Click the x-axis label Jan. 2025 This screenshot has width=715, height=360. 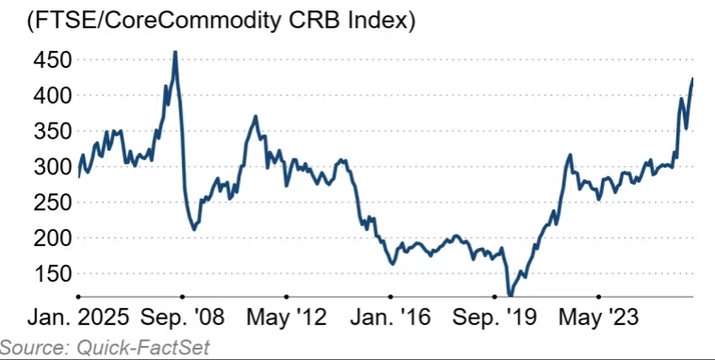coord(78,318)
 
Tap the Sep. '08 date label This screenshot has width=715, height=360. coord(183,318)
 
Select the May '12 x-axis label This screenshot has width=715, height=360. coord(286,318)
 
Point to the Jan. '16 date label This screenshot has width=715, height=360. coord(391,318)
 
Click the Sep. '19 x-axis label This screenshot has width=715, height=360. coord(495,318)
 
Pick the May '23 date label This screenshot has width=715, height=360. coord(599,318)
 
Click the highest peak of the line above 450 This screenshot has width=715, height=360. coord(175,52)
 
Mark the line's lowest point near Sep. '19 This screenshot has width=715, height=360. coord(510,296)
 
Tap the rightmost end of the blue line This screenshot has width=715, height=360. coord(692,78)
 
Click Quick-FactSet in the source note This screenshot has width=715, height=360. coord(143,348)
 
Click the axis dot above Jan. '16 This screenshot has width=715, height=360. coord(391,297)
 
